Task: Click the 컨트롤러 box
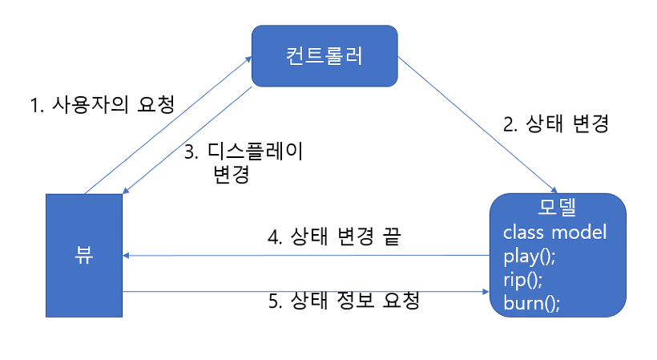click(x=324, y=55)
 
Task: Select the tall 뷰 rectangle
click(x=84, y=256)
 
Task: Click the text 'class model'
click(x=554, y=233)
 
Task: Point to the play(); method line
click(x=530, y=257)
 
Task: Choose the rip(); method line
click(x=523, y=280)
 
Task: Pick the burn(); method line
click(x=531, y=303)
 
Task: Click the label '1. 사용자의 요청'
click(x=102, y=105)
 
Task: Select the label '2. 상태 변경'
click(x=556, y=124)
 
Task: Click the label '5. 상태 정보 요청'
click(x=344, y=302)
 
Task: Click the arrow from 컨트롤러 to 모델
click(x=477, y=124)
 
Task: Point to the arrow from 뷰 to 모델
click(x=304, y=292)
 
